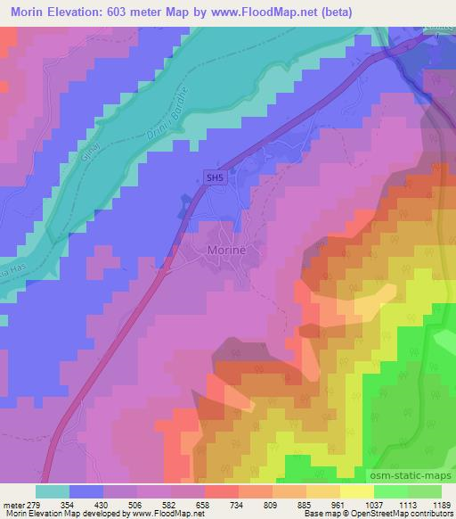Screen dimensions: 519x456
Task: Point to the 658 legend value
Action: (203, 506)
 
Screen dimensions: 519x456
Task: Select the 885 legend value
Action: (304, 506)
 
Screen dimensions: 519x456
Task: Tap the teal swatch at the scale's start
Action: (53, 491)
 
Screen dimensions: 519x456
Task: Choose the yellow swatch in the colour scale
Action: (356, 491)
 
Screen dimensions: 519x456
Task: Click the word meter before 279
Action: (11, 506)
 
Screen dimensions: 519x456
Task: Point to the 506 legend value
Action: (135, 506)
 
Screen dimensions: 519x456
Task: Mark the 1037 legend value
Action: (371, 506)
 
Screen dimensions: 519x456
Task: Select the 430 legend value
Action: (102, 506)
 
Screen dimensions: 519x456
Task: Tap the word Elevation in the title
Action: (75, 12)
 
